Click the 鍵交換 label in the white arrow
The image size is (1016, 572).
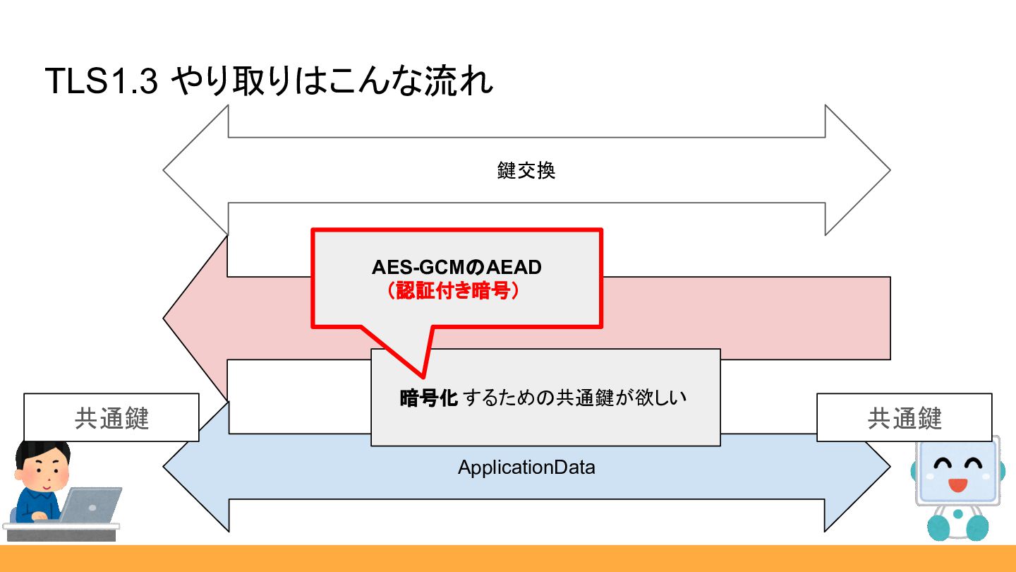tap(526, 171)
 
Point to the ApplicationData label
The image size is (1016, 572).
tap(526, 467)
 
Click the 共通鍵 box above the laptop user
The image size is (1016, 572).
tap(111, 418)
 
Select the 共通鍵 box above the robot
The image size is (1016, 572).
tap(904, 418)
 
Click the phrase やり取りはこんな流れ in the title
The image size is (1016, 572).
tap(332, 81)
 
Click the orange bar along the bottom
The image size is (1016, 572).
tap(508, 558)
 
